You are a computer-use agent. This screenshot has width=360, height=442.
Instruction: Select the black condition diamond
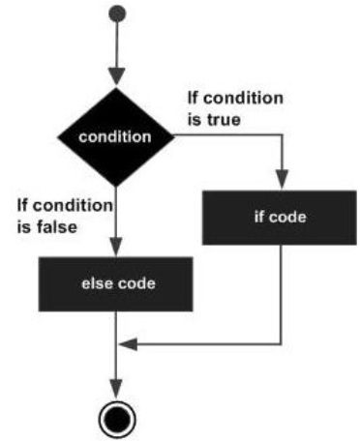tap(115, 136)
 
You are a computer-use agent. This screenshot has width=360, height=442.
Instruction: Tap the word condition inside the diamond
tap(115, 136)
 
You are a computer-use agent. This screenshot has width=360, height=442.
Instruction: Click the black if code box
tap(281, 216)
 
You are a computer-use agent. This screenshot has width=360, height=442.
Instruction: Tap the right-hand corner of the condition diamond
tap(174, 136)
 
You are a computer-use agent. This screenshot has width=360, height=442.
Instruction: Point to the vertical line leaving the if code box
tap(281, 290)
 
